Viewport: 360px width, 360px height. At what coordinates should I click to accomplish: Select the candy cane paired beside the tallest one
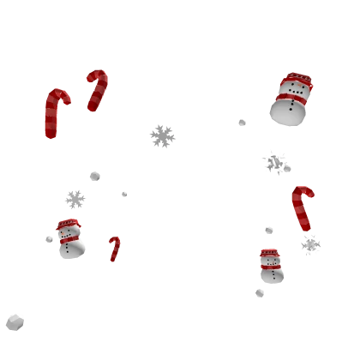click(96, 91)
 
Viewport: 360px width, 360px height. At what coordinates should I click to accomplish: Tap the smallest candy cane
click(114, 249)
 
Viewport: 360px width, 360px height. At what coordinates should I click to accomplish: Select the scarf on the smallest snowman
click(271, 267)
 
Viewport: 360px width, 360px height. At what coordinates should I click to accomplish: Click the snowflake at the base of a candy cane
click(311, 245)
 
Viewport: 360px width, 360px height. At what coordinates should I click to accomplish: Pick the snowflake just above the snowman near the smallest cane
click(75, 199)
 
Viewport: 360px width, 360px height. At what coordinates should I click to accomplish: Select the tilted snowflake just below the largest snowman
click(274, 160)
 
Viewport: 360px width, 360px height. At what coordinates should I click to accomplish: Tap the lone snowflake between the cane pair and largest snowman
click(161, 136)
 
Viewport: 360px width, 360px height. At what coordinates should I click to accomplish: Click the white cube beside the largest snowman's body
click(240, 123)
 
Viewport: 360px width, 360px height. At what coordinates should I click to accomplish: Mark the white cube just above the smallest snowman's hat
click(267, 232)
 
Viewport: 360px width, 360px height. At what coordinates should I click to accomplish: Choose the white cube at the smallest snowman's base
click(261, 294)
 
